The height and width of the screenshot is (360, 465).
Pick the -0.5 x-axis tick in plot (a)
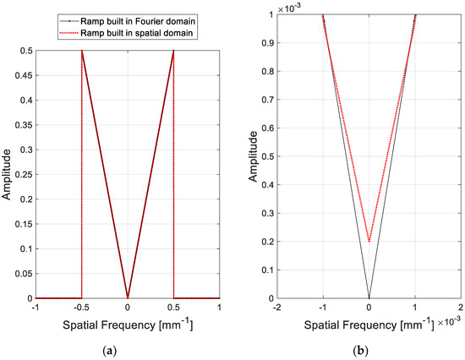pyautogui.click(x=80, y=307)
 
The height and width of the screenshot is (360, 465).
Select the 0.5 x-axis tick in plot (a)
pyautogui.click(x=173, y=307)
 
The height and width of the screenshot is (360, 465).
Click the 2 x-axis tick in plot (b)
pyautogui.click(x=460, y=307)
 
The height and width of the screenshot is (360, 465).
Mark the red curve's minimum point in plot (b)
pyautogui.click(x=369, y=241)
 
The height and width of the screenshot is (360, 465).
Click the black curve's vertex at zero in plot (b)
pyautogui.click(x=369, y=297)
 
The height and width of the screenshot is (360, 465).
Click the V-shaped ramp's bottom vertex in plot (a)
pyautogui.click(x=127, y=297)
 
